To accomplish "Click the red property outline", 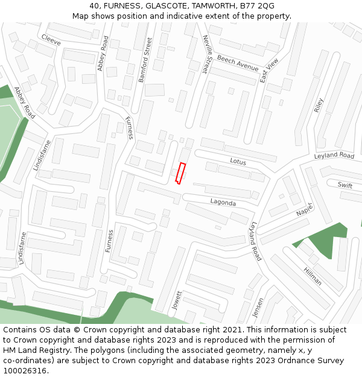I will pos(179,173).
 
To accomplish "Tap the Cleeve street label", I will pos(51,39).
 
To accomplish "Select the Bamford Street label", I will pos(148,60).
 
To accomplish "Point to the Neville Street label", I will pos(206,54).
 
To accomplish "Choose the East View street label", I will pos(269,71).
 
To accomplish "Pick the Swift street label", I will pos(345,185).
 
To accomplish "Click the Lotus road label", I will pos(238,161).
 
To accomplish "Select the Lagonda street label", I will pos(223,203).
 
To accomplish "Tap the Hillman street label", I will pos(313,276).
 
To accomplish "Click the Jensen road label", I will pos(259,309).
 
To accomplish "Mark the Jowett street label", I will pos(177,300).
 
